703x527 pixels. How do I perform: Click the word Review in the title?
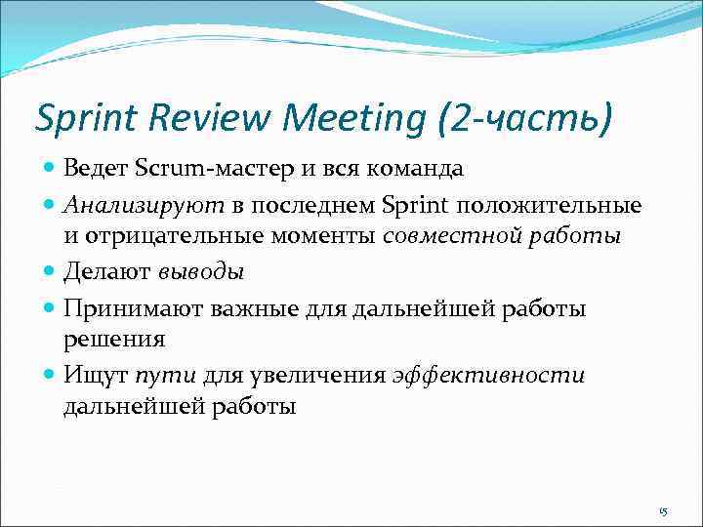[213, 118]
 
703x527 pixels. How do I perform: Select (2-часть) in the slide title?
[526, 118]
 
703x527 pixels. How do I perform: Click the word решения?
[114, 339]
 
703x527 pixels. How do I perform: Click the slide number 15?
[662, 511]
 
